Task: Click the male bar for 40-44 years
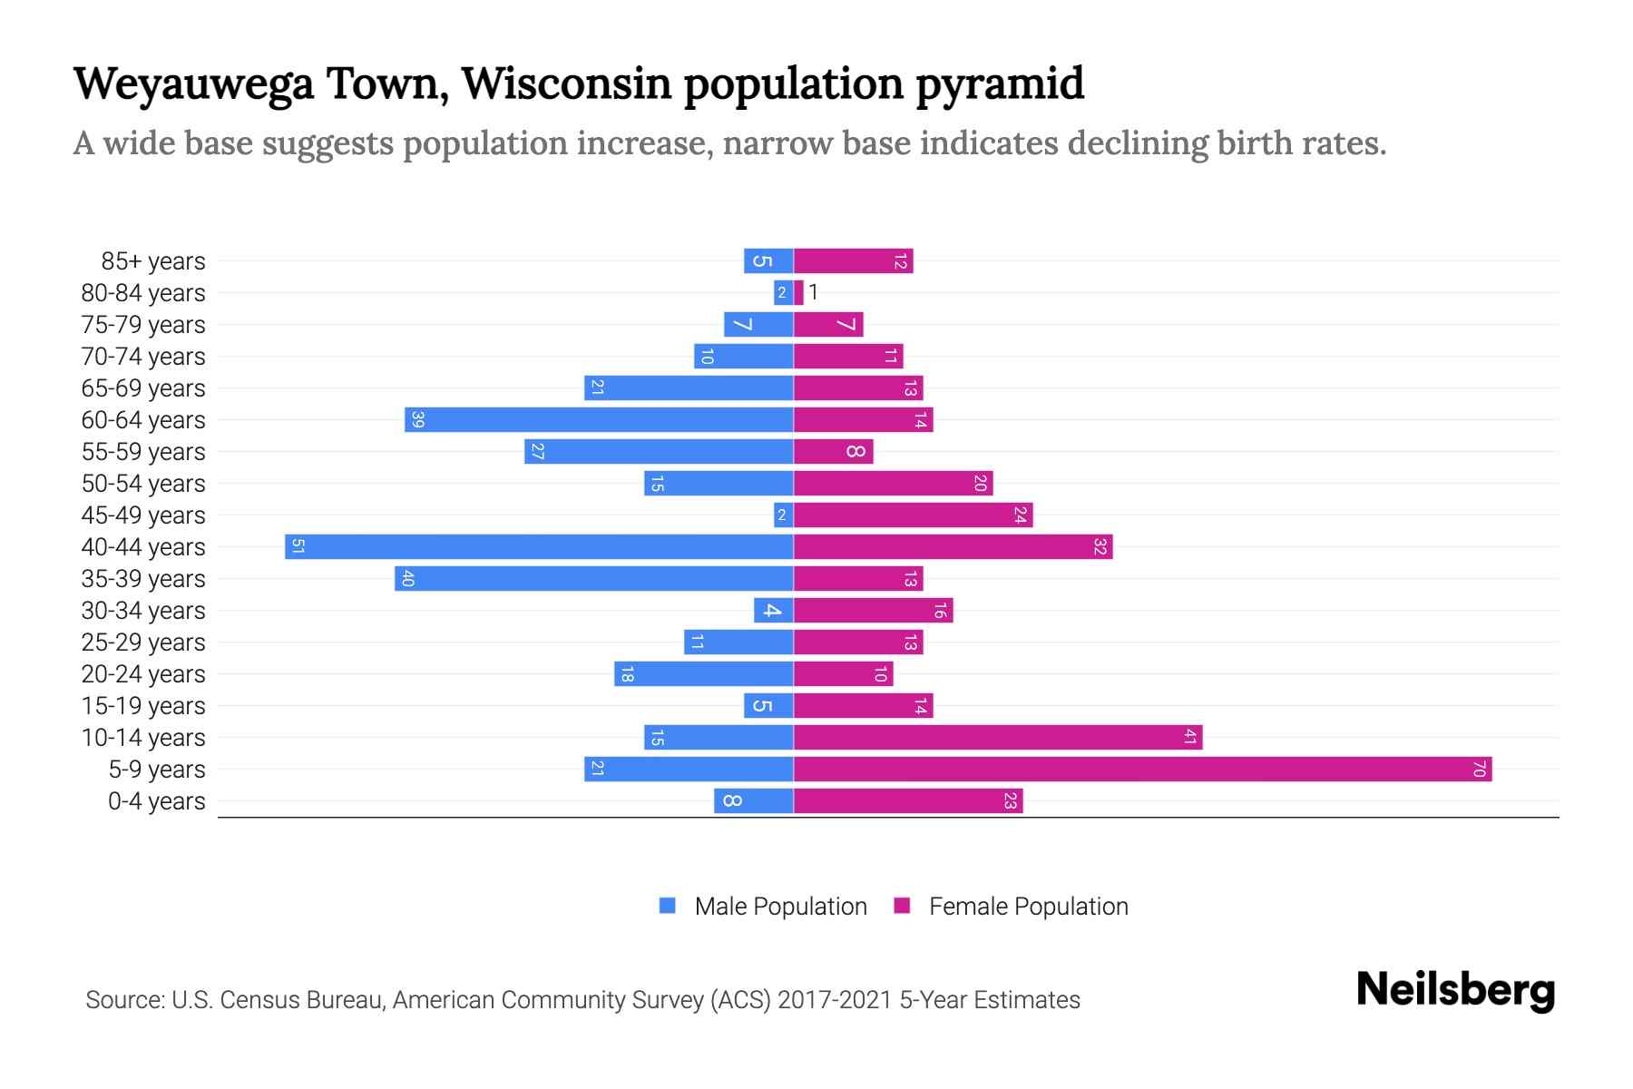click(540, 547)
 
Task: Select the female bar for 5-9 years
click(1143, 770)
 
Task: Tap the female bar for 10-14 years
click(998, 738)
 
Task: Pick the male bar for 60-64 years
click(599, 420)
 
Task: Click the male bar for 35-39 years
click(594, 579)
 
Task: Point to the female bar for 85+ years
click(853, 261)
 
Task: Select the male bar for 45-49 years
click(783, 515)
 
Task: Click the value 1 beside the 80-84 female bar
click(814, 292)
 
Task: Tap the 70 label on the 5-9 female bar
click(1479, 770)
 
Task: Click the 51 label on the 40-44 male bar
click(298, 547)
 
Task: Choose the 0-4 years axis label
click(156, 801)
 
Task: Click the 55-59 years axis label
click(143, 452)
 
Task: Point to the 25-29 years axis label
click(143, 643)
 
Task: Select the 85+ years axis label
click(153, 261)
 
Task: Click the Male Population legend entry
click(780, 907)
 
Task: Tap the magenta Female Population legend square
click(902, 906)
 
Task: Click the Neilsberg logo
click(1455, 990)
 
